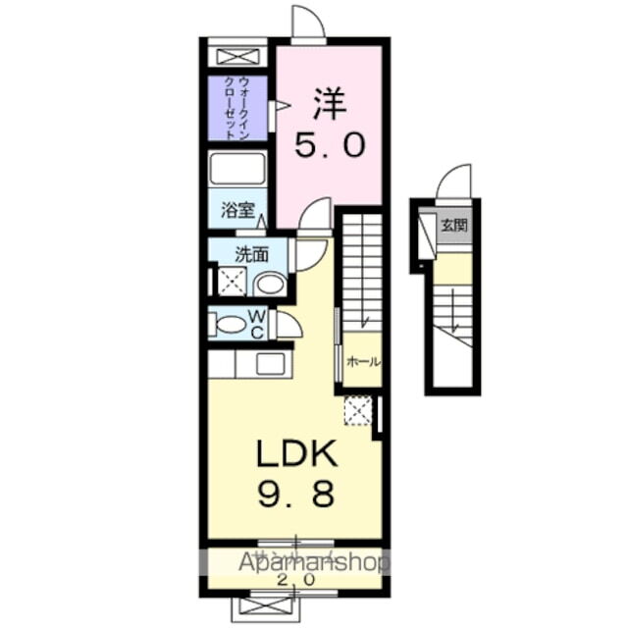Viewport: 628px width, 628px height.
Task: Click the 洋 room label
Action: (x=330, y=102)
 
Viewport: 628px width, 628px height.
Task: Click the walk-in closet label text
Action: (x=236, y=108)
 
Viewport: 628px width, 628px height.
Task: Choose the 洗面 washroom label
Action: (x=251, y=254)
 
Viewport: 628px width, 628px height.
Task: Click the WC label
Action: (x=255, y=324)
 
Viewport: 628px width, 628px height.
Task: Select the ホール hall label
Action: (x=361, y=362)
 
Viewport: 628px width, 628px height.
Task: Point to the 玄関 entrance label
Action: (x=453, y=225)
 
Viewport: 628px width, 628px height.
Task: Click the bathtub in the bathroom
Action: (x=237, y=170)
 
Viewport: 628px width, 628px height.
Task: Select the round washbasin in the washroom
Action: (x=268, y=285)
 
